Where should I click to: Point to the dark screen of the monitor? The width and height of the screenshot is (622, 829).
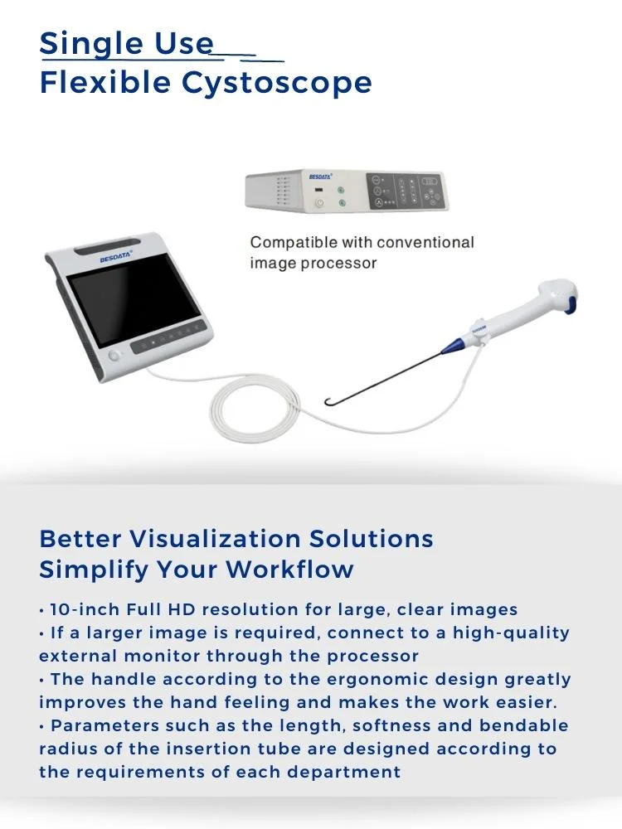click(x=134, y=306)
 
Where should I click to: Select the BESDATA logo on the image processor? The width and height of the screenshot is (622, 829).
click(x=320, y=177)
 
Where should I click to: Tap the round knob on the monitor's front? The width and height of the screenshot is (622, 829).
click(x=114, y=356)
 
